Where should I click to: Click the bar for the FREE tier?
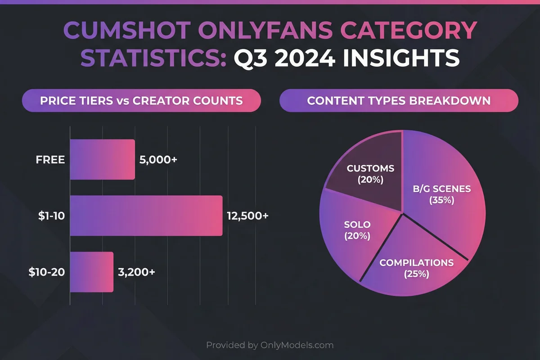coord(103,159)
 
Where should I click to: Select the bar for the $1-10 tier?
coord(146,216)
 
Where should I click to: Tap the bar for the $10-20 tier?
coord(92,272)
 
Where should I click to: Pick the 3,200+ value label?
coord(137,272)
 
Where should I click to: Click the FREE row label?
coord(50,160)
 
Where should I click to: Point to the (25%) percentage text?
coord(417,273)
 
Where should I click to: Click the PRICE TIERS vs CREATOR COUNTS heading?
coord(141,100)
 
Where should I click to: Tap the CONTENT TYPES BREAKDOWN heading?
coord(399,100)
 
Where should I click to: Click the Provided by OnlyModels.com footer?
coord(270,345)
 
